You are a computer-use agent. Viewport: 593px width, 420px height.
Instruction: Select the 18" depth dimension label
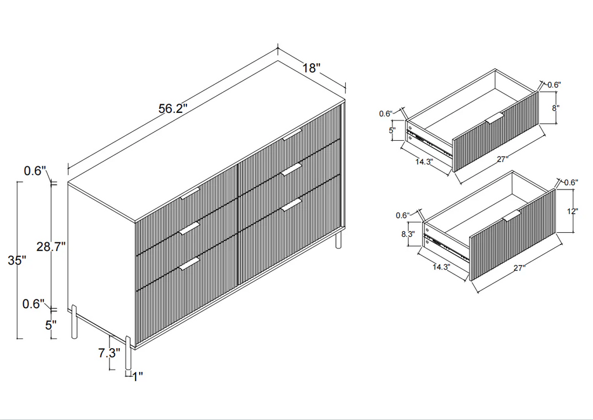tap(312, 68)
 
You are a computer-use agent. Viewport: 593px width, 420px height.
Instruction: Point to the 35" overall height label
tap(17, 260)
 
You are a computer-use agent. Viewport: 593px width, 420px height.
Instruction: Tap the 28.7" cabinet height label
tap(51, 247)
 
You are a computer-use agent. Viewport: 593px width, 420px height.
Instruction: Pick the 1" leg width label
tap(137, 376)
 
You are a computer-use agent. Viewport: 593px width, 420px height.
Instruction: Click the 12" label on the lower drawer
tap(573, 211)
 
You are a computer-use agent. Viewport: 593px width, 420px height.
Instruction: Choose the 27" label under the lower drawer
tap(518, 268)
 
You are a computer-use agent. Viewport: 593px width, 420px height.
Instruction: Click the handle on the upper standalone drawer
tap(494, 119)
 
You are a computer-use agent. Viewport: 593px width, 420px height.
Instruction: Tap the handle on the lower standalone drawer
tap(511, 216)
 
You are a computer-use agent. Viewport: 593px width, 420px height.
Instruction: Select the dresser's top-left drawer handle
tap(190, 194)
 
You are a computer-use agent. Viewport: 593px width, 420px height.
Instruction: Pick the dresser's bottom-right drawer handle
tap(292, 204)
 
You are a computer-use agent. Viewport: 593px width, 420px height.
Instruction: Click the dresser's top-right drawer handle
tap(292, 135)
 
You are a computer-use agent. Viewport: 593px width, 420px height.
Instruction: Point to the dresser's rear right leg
tap(339, 240)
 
